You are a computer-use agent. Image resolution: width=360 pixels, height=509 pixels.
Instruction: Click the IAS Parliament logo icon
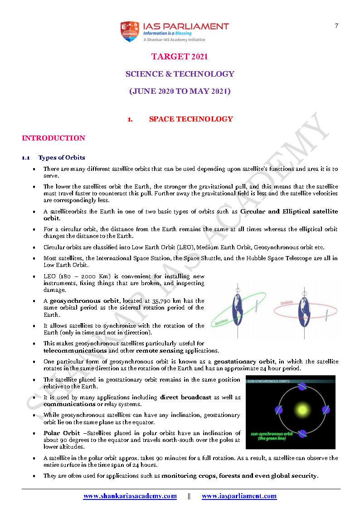[x=130, y=31]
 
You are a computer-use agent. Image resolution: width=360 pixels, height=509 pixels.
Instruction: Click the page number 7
[x=336, y=25]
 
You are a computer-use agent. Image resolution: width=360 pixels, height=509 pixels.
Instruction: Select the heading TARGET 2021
[x=180, y=57]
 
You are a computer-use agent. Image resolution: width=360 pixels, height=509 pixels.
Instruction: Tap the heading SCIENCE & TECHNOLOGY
[x=180, y=74]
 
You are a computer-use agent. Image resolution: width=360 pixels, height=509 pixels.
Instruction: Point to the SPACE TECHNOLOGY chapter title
[x=191, y=119]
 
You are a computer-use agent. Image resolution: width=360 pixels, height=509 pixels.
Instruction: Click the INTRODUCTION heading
[x=54, y=138]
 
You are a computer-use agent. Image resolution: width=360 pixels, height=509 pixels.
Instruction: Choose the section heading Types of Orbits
[x=62, y=158]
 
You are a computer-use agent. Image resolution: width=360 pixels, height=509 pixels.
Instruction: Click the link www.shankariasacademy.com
[x=130, y=496]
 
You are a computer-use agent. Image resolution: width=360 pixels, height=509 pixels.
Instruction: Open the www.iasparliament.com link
[x=239, y=496]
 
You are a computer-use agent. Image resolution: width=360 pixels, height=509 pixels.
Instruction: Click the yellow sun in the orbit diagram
[x=301, y=411]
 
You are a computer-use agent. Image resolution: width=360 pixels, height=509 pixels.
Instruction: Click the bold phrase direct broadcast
[x=185, y=397]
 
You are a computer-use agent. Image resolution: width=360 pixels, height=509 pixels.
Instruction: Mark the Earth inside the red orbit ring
[x=304, y=311]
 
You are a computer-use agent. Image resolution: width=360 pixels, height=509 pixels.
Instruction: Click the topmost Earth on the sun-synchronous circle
[x=302, y=387]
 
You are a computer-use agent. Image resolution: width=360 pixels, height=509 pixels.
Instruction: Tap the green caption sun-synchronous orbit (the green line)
[x=272, y=436]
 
